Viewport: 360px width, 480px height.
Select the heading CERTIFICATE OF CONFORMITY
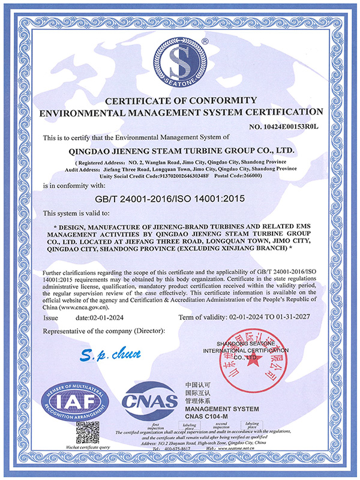pyautogui.click(x=180, y=100)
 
